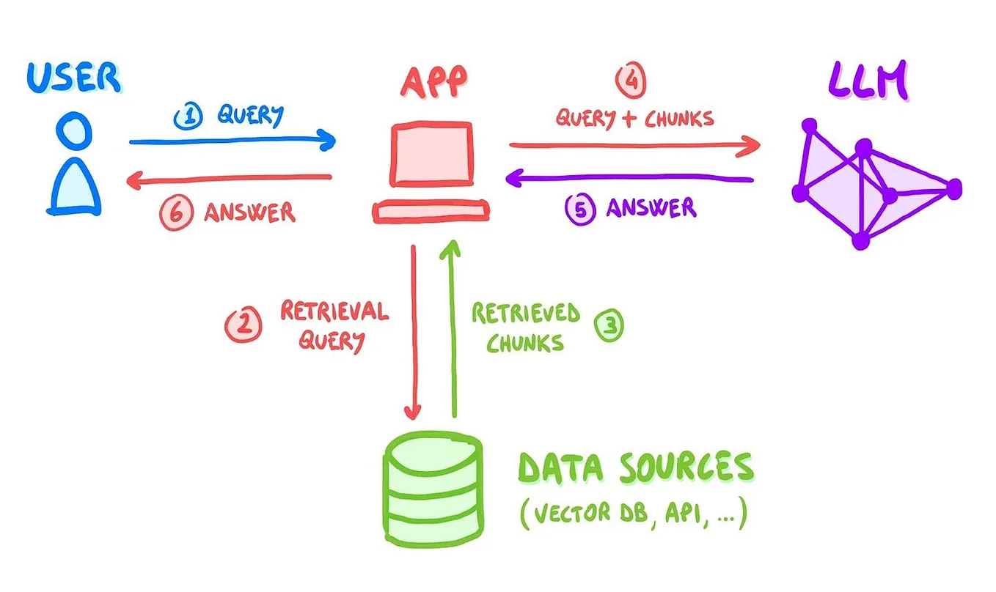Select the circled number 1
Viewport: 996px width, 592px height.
coord(186,116)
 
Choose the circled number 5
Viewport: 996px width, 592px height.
coord(579,209)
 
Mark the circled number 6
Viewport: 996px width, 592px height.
coord(176,212)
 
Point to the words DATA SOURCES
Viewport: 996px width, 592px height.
coord(635,467)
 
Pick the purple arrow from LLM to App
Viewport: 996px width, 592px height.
coord(631,177)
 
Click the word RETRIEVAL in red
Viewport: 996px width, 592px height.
coord(334,311)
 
